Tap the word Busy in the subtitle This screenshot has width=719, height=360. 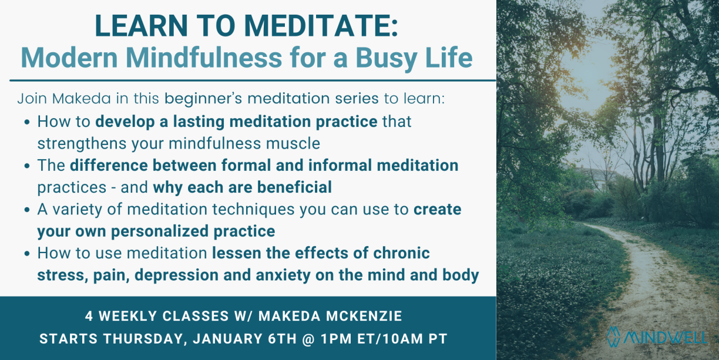[x=386, y=59]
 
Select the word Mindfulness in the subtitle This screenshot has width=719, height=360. [x=204, y=58]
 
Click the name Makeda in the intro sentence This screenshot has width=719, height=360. [x=81, y=99]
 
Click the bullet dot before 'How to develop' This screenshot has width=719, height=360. [x=27, y=122]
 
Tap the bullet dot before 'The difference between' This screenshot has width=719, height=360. [x=27, y=166]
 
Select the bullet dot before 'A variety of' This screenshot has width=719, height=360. [x=27, y=210]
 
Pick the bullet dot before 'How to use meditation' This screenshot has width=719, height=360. [x=27, y=254]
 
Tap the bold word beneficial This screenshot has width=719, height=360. [x=294, y=187]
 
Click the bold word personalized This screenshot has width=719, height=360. [x=160, y=231]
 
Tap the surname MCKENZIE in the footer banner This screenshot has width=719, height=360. [x=364, y=316]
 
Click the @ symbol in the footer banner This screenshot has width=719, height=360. [x=308, y=339]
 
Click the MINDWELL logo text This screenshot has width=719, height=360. [x=665, y=338]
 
